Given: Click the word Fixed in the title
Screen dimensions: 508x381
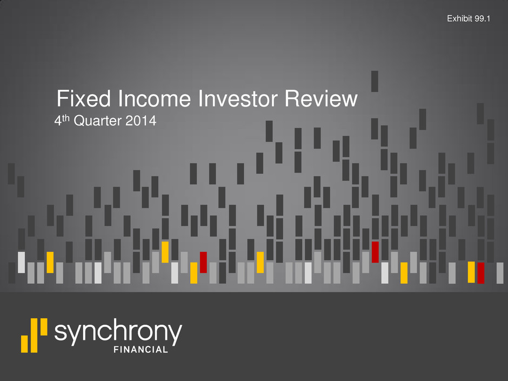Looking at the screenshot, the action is (x=84, y=98).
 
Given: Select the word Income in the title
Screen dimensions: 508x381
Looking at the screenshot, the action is (x=154, y=98).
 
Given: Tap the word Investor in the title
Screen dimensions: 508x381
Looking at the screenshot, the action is (x=237, y=98).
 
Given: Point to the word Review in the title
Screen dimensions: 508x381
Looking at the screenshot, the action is (x=321, y=98).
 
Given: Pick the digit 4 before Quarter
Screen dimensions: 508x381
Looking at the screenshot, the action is (x=58, y=121).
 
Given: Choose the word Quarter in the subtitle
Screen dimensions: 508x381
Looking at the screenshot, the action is (x=97, y=121).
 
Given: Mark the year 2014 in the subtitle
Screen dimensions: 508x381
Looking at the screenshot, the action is (x=141, y=121).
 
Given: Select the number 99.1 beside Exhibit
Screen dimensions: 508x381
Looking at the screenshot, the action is (x=482, y=18).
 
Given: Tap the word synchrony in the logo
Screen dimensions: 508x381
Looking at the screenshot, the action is (x=118, y=332).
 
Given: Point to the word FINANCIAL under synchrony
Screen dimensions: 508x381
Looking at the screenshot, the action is (x=141, y=349).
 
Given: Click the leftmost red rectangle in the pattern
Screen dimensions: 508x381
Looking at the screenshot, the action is (x=203, y=263).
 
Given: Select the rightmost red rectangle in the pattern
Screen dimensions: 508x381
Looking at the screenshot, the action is (x=481, y=273).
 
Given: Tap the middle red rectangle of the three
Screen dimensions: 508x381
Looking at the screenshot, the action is (x=375, y=252).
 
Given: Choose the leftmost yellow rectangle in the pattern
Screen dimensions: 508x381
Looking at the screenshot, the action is (x=50, y=263).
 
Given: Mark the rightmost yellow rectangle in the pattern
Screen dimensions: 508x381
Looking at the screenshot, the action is (x=471, y=272).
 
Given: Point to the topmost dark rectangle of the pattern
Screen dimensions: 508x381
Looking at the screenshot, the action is (x=375, y=81).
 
